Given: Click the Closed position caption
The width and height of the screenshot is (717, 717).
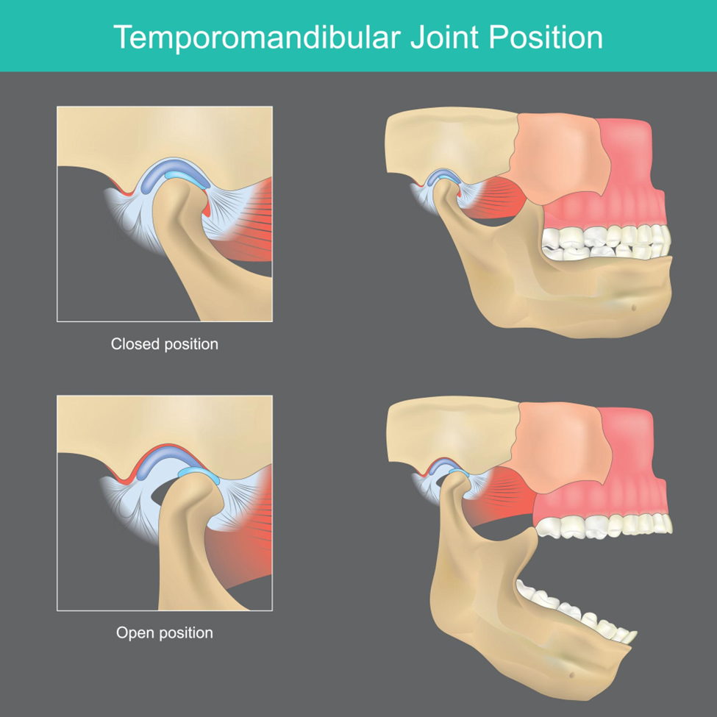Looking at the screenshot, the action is pos(165,344).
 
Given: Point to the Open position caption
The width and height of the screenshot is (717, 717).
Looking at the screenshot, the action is pos(165,633).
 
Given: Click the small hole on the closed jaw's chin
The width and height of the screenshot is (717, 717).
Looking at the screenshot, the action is pos(634,307).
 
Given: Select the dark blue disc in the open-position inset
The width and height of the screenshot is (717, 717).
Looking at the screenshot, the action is pos(158,461).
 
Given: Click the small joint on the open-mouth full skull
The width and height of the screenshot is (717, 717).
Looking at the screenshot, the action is pos(448,476).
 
